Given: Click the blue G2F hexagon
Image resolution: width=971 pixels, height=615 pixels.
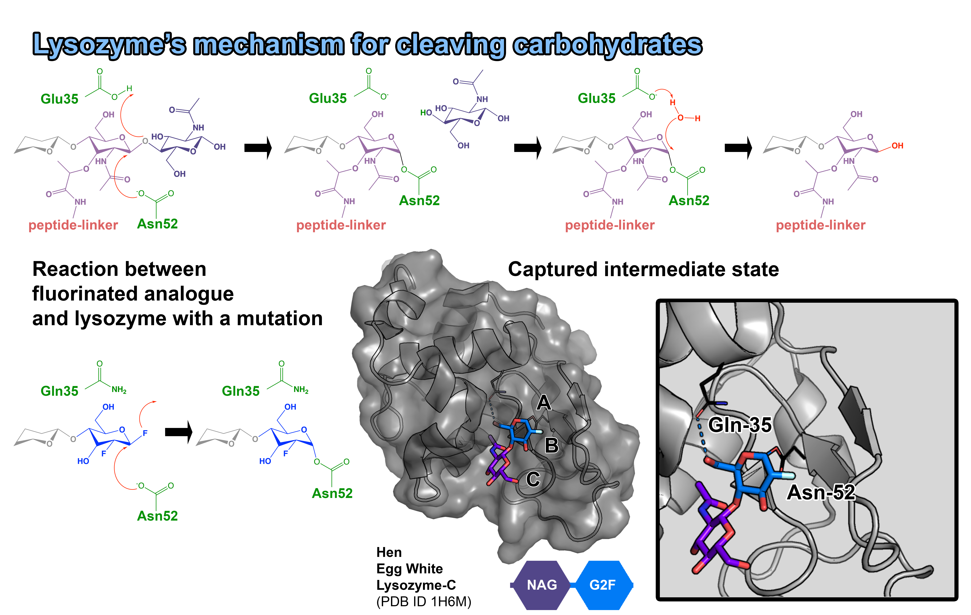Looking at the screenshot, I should [x=602, y=585].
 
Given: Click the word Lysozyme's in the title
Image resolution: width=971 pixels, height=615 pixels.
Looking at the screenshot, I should [x=109, y=44].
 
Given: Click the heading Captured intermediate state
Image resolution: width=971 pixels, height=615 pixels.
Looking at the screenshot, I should [x=643, y=269].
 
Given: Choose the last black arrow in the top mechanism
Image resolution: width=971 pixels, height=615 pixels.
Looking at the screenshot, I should [x=738, y=148].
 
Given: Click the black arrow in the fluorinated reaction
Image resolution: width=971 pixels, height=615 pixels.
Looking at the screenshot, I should [x=178, y=432].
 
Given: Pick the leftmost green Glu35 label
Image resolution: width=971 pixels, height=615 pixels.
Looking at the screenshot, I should [x=59, y=99].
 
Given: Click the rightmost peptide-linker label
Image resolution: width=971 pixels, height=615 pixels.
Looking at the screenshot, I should [x=821, y=225].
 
